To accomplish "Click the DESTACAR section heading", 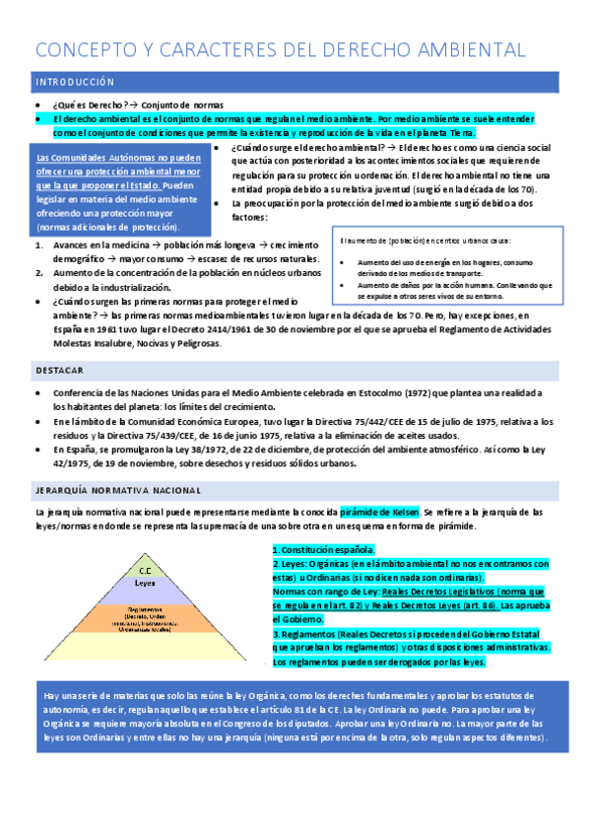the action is coord(58,370).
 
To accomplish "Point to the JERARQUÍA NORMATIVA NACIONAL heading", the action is coord(118,489).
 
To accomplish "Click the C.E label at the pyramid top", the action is coord(145,569).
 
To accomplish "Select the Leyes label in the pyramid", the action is coord(145,583).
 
